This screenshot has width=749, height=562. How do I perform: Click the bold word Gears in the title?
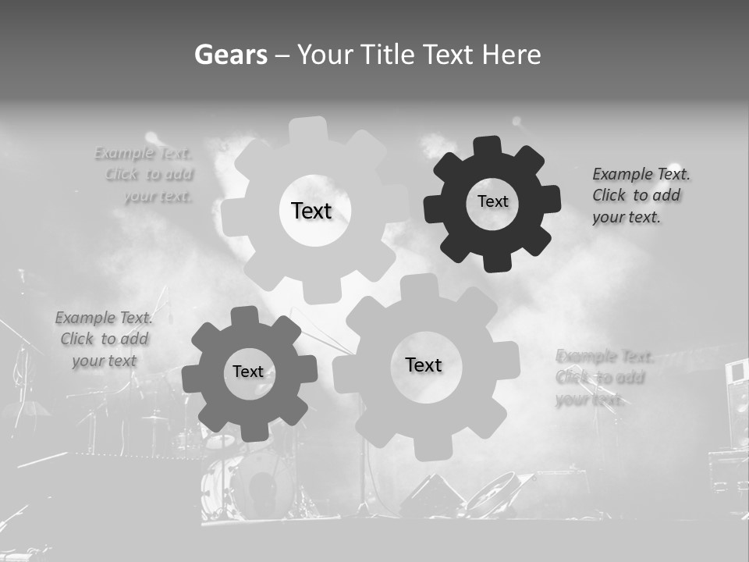[x=230, y=55]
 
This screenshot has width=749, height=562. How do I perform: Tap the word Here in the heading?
[x=511, y=55]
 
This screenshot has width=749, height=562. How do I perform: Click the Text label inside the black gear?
[x=492, y=201]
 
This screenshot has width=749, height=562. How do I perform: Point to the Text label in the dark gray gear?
[x=248, y=372]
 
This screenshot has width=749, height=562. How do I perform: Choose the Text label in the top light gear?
[x=311, y=211]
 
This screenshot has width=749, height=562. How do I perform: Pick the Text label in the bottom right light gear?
[x=424, y=365]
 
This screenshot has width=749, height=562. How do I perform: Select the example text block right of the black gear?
[x=640, y=196]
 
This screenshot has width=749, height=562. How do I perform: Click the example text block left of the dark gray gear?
[x=104, y=340]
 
